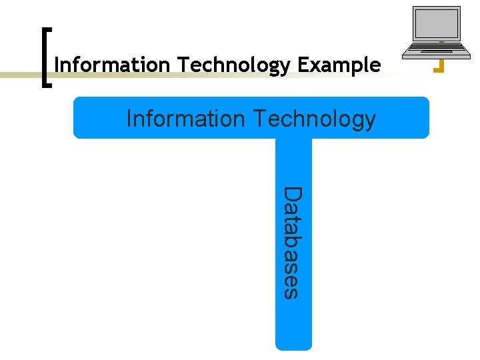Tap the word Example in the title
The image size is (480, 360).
[339, 65]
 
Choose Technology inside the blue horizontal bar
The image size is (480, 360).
[314, 119]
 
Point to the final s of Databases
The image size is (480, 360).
[291, 293]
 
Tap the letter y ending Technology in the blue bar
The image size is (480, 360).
[370, 121]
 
